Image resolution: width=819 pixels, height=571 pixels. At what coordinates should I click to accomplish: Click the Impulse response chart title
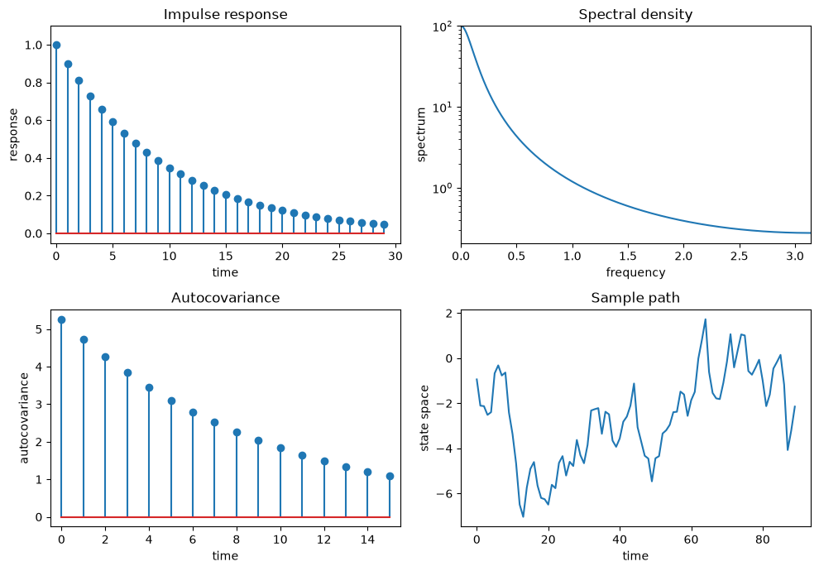[225, 14]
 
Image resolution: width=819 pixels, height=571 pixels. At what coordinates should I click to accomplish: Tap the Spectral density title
[635, 14]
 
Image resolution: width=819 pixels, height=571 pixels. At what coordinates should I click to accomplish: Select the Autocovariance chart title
[225, 298]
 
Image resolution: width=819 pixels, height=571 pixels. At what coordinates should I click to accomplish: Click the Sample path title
[635, 298]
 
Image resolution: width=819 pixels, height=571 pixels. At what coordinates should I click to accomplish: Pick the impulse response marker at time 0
[56, 45]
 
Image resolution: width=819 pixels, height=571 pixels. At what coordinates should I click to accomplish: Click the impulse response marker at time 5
[113, 122]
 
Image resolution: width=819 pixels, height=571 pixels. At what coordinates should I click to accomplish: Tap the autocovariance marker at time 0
[61, 319]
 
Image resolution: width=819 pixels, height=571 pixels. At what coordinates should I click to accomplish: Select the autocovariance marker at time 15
[390, 476]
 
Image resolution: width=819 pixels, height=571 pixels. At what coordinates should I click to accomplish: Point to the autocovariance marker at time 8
[237, 432]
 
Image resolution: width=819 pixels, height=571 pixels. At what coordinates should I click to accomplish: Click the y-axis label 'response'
[13, 134]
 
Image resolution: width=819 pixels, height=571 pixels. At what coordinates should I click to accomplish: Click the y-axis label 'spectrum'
[421, 134]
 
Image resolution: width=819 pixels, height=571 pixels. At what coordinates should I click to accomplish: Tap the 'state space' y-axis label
[424, 418]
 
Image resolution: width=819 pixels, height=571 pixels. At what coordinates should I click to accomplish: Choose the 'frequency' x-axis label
[635, 272]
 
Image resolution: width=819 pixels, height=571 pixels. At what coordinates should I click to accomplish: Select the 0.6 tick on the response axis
[33, 121]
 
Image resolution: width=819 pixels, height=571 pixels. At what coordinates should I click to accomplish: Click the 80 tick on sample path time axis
[763, 539]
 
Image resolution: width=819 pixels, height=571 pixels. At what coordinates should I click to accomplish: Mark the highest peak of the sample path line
[705, 319]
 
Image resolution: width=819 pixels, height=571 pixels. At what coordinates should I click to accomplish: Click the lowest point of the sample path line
[523, 516]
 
